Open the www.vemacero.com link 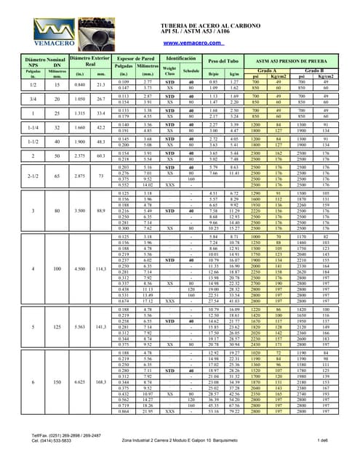[x=179, y=43]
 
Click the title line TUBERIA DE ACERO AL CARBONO [x=180, y=24]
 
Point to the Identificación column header [x=180, y=56]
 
